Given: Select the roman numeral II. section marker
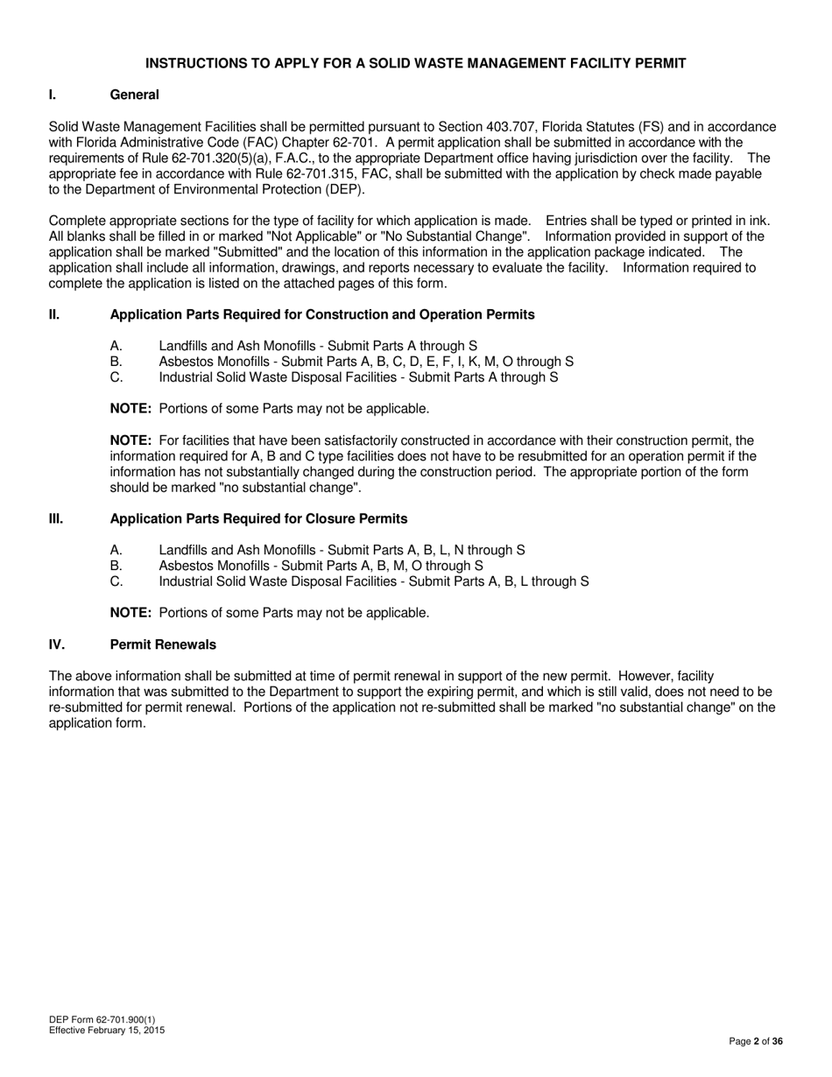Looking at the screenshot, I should (54, 314).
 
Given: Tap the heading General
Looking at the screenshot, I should (134, 95).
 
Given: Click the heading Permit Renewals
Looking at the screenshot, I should (163, 644).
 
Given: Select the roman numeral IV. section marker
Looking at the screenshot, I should (56, 644).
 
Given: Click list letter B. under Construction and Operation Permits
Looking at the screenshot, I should (116, 362).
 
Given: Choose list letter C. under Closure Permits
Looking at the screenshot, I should (116, 581).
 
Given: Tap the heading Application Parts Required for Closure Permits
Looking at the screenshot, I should (258, 518).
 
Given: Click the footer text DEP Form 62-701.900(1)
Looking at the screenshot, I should (102, 1020).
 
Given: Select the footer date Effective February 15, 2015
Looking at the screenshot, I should (107, 1031).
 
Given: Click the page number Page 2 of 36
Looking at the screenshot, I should (756, 1041).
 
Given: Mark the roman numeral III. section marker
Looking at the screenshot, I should (56, 518).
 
